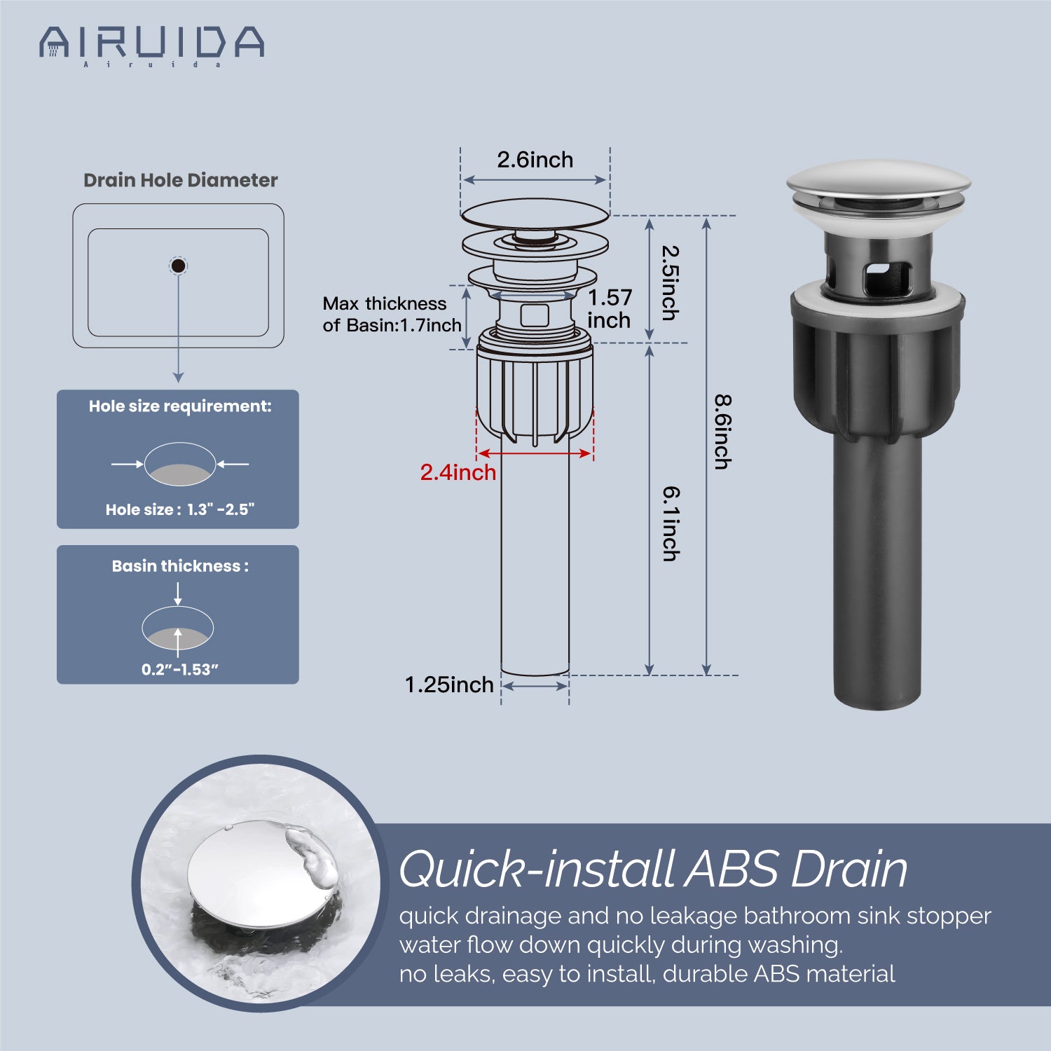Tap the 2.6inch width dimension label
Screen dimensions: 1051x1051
(535, 160)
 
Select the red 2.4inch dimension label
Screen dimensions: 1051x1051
(458, 472)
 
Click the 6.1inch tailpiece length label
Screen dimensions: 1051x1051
(671, 523)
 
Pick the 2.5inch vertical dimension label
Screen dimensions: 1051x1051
(671, 282)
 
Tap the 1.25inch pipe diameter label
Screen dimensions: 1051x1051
(449, 685)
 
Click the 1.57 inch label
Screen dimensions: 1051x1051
(610, 309)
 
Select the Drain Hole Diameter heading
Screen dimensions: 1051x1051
(181, 180)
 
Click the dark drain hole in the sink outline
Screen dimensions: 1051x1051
(179, 266)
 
